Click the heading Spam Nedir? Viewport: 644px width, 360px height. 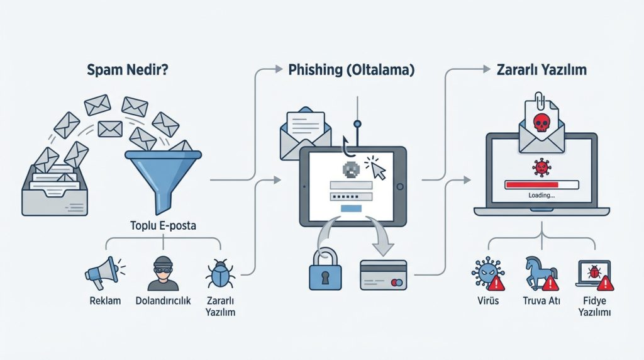coord(127,70)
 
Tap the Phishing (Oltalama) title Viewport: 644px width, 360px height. coord(352,70)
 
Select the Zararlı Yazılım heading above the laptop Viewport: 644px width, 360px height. coord(541,70)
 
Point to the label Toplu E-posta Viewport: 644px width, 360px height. coord(163,225)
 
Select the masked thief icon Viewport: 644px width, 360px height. coord(163,273)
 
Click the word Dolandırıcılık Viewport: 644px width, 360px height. coord(163,301)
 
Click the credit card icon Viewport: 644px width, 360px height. coord(383,275)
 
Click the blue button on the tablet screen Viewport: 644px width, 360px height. coord(351,208)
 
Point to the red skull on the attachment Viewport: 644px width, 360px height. coord(541,123)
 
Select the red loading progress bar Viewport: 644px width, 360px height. coord(531,185)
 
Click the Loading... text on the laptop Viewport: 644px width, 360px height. coord(541,196)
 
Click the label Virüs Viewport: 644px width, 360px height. coord(488,301)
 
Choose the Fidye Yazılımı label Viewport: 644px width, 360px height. coord(594,307)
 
